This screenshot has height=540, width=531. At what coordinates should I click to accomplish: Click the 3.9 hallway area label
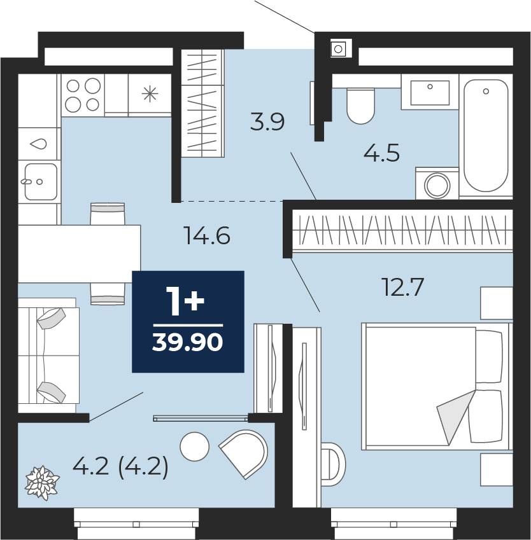click(x=267, y=122)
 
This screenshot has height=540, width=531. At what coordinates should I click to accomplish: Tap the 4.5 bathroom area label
click(x=381, y=153)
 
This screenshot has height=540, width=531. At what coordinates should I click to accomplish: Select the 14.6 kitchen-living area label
click(x=207, y=235)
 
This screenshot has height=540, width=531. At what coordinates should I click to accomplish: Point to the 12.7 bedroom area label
click(x=402, y=287)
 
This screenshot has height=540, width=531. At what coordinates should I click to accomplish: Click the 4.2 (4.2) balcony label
click(x=120, y=467)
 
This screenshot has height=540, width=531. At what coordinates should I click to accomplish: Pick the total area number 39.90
click(x=188, y=343)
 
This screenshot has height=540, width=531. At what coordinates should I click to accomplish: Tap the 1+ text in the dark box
click(x=185, y=301)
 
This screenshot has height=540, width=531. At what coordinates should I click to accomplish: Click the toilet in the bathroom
click(x=360, y=106)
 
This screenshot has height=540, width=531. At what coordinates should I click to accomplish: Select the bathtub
click(x=486, y=135)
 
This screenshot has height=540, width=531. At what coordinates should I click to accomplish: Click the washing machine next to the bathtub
click(x=437, y=183)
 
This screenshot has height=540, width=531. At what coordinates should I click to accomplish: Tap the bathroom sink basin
click(x=430, y=92)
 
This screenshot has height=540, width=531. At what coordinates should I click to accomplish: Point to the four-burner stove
click(x=83, y=95)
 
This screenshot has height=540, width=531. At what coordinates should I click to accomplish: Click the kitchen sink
click(x=41, y=181)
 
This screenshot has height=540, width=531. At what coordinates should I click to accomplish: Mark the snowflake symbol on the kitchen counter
click(x=150, y=94)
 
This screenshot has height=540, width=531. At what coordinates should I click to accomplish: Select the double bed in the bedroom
click(x=437, y=387)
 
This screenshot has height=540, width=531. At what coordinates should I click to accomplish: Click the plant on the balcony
click(x=42, y=483)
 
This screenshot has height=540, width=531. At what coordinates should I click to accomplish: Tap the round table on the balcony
click(x=194, y=447)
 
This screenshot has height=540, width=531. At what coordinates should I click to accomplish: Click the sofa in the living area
click(x=48, y=355)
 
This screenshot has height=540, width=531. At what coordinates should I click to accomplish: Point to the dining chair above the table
click(x=107, y=214)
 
